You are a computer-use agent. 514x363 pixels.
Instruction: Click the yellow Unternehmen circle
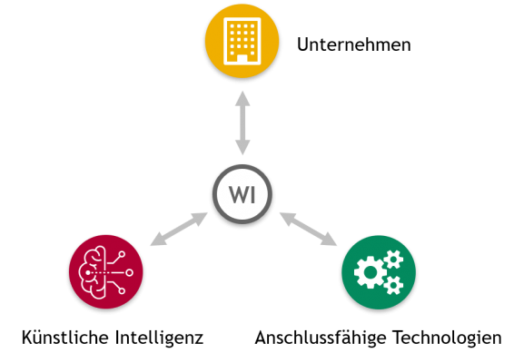[x=242, y=41]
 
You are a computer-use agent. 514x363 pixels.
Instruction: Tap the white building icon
[x=242, y=41]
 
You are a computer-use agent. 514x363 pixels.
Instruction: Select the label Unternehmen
[x=353, y=44]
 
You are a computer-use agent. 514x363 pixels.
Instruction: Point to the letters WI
[x=242, y=194]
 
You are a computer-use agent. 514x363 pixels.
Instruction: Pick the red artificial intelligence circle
[x=106, y=271]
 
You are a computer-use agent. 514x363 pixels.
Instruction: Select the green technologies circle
[x=379, y=272]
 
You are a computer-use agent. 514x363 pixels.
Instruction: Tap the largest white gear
[x=371, y=272]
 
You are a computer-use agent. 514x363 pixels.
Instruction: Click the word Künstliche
[x=64, y=338]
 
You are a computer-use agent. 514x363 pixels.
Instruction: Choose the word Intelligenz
[x=159, y=338]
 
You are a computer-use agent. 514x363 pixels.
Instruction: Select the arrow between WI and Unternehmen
[x=242, y=123]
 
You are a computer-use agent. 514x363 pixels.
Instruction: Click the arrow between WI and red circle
[x=179, y=229]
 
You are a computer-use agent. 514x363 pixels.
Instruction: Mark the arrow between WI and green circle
[x=308, y=229]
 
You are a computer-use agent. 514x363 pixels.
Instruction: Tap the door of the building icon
[x=242, y=59]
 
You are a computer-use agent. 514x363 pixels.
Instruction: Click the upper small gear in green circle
[x=393, y=260]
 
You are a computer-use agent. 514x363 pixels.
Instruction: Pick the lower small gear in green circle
[x=393, y=285]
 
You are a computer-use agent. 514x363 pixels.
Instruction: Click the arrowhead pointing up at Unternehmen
[x=242, y=99]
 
